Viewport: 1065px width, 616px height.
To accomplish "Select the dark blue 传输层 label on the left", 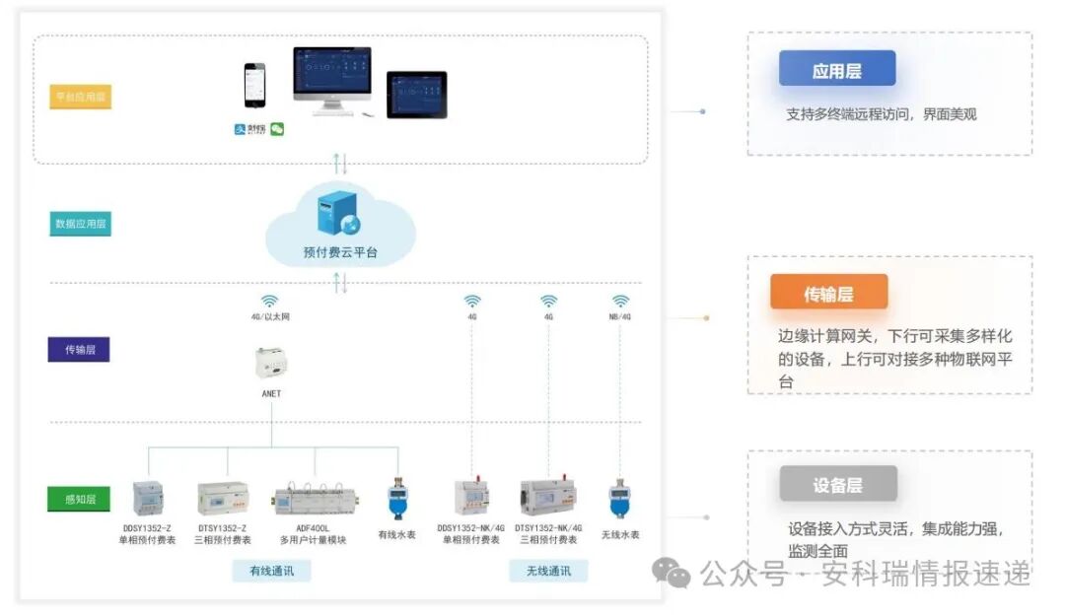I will click(79, 349).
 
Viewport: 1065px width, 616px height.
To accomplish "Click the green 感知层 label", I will click(80, 499).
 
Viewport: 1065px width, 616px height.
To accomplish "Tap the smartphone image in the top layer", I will click(255, 87).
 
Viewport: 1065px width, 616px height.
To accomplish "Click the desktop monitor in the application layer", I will click(332, 79).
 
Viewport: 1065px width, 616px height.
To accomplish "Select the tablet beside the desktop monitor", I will click(416, 95).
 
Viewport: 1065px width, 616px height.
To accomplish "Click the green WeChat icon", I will click(277, 129).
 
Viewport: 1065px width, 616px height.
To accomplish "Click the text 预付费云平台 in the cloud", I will click(340, 253).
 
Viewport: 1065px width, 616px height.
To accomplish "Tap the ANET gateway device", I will click(271, 365).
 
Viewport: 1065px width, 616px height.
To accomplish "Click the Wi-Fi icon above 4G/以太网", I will click(270, 301).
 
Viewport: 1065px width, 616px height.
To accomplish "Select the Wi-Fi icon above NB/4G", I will click(620, 301).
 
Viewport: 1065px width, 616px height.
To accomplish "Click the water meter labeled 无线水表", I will click(619, 499).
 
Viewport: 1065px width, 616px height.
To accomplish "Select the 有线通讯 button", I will click(271, 571).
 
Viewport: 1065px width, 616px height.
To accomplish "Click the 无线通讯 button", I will click(548, 571).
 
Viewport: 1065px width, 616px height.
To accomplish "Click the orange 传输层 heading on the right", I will click(828, 293).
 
